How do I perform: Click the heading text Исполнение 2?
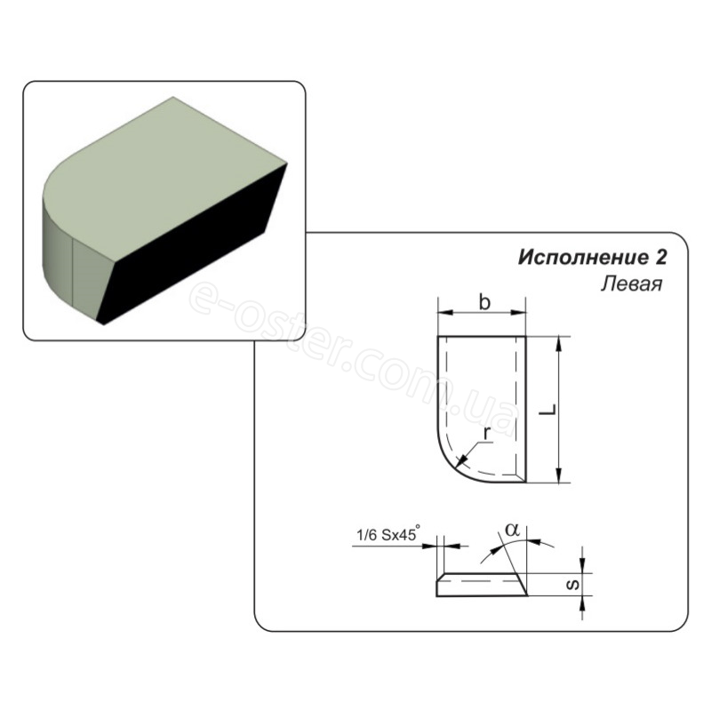(593, 258)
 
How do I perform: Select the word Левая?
(632, 284)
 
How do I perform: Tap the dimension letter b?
(484, 302)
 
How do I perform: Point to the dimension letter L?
(549, 410)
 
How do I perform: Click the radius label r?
(487, 434)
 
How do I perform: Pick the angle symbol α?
(513, 529)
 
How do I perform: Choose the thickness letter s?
(573, 585)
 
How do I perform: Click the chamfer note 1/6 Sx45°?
(388, 535)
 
